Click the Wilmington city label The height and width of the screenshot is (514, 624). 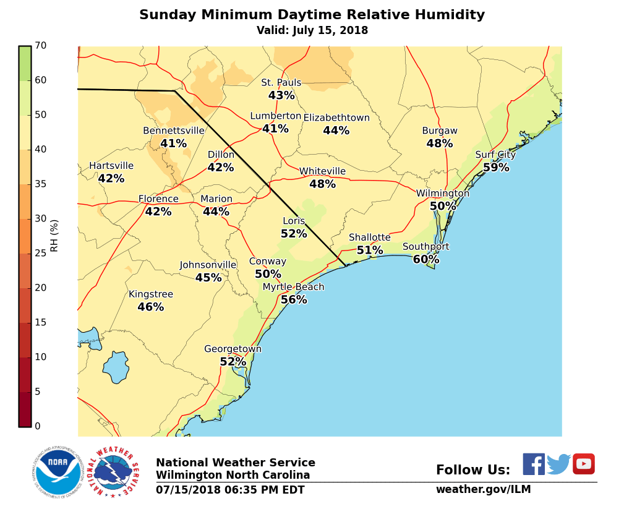[442, 194]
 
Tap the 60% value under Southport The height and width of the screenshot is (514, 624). [426, 260]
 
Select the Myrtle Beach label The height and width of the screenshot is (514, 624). [293, 287]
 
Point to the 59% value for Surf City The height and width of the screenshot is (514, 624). [496, 168]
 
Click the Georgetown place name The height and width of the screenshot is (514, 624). [233, 349]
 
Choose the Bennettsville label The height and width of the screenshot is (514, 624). [173, 131]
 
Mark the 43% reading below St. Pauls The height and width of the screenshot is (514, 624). [281, 96]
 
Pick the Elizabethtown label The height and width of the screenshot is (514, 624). [336, 118]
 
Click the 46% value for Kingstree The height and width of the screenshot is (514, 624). [150, 307]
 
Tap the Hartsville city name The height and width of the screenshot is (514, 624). [111, 166]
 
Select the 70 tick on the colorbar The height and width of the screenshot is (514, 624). [41, 46]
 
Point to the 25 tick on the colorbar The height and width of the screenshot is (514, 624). [41, 253]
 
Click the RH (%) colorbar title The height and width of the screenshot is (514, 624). [54, 236]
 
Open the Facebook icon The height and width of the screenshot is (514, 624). [534, 464]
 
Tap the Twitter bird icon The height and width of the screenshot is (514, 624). [558, 464]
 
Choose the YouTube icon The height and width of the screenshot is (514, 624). [583, 464]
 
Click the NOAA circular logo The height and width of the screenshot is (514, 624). [58, 472]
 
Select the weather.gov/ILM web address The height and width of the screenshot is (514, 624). [483, 489]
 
